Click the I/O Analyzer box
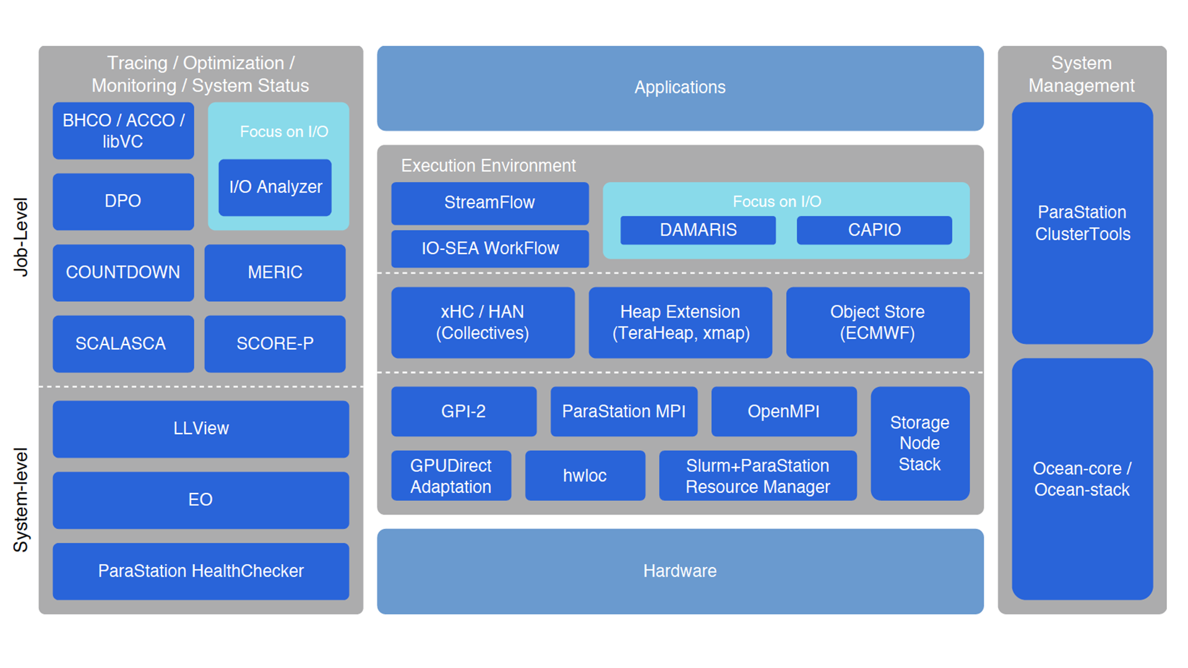(x=275, y=187)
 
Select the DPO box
(x=123, y=201)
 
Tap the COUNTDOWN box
(x=123, y=272)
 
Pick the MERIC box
(x=275, y=272)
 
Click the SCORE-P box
(x=275, y=343)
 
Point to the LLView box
(x=200, y=429)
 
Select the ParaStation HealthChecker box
(x=200, y=571)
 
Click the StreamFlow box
(x=489, y=203)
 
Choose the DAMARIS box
(x=698, y=230)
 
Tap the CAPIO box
(x=874, y=230)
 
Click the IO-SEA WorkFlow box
(x=489, y=249)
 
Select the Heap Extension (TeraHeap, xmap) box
(x=680, y=322)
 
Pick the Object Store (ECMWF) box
(x=877, y=322)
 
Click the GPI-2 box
(x=463, y=411)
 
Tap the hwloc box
(x=585, y=476)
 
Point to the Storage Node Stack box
(x=919, y=443)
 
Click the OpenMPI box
(x=783, y=411)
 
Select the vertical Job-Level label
(x=21, y=237)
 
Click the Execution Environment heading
(x=488, y=166)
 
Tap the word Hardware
(x=679, y=571)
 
